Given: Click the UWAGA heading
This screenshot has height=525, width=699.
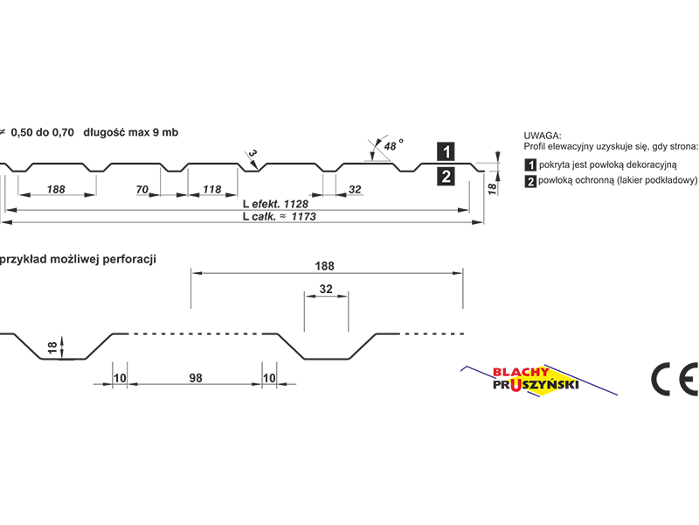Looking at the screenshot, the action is click(543, 136).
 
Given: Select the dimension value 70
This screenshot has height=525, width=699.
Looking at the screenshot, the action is click(142, 190).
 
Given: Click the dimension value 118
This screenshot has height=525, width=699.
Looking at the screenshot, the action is click(211, 190).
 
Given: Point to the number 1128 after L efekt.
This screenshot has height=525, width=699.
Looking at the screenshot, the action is click(295, 204).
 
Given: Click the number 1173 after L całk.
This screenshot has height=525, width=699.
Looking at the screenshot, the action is click(303, 216).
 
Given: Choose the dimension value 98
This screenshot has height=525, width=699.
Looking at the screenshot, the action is click(196, 378).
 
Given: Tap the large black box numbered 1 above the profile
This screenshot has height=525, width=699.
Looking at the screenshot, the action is click(446, 151).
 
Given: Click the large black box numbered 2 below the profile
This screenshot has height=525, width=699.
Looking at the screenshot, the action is click(446, 177).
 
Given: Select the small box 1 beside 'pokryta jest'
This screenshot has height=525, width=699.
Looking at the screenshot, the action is click(530, 165).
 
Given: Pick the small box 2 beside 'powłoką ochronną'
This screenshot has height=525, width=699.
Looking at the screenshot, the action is click(530, 182).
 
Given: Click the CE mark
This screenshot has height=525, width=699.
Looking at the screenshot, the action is click(675, 379).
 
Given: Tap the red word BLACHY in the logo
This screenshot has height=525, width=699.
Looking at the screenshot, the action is click(521, 373).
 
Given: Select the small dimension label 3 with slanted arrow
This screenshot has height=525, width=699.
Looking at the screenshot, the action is click(253, 154).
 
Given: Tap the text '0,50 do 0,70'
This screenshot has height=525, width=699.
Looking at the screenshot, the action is click(42, 133).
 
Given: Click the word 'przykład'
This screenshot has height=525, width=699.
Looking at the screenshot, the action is click(24, 259).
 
